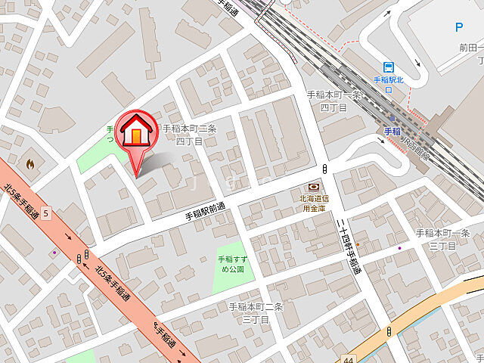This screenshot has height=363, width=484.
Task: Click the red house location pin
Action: [135, 136]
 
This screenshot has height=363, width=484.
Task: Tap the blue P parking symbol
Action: [458, 28]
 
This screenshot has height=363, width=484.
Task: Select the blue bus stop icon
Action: [389, 67]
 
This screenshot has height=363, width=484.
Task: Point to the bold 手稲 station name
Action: [392, 131]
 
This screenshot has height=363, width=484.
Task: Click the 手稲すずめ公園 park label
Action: [231, 263]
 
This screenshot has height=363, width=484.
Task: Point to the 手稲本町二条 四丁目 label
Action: [189, 135]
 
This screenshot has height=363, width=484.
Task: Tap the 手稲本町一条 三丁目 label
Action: [443, 239]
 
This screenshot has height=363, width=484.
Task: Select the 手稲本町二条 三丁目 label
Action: [256, 312]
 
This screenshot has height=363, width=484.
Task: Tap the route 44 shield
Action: [347, 359]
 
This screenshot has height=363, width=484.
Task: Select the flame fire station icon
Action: [30, 163]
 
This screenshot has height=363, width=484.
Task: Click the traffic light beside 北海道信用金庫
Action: [324, 169]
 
